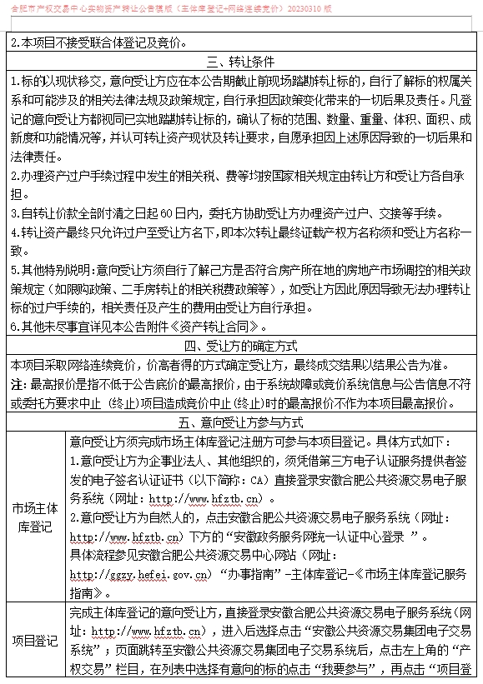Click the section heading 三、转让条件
click(x=242, y=61)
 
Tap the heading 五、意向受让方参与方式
click(x=242, y=423)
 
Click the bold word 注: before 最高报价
click(x=19, y=385)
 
